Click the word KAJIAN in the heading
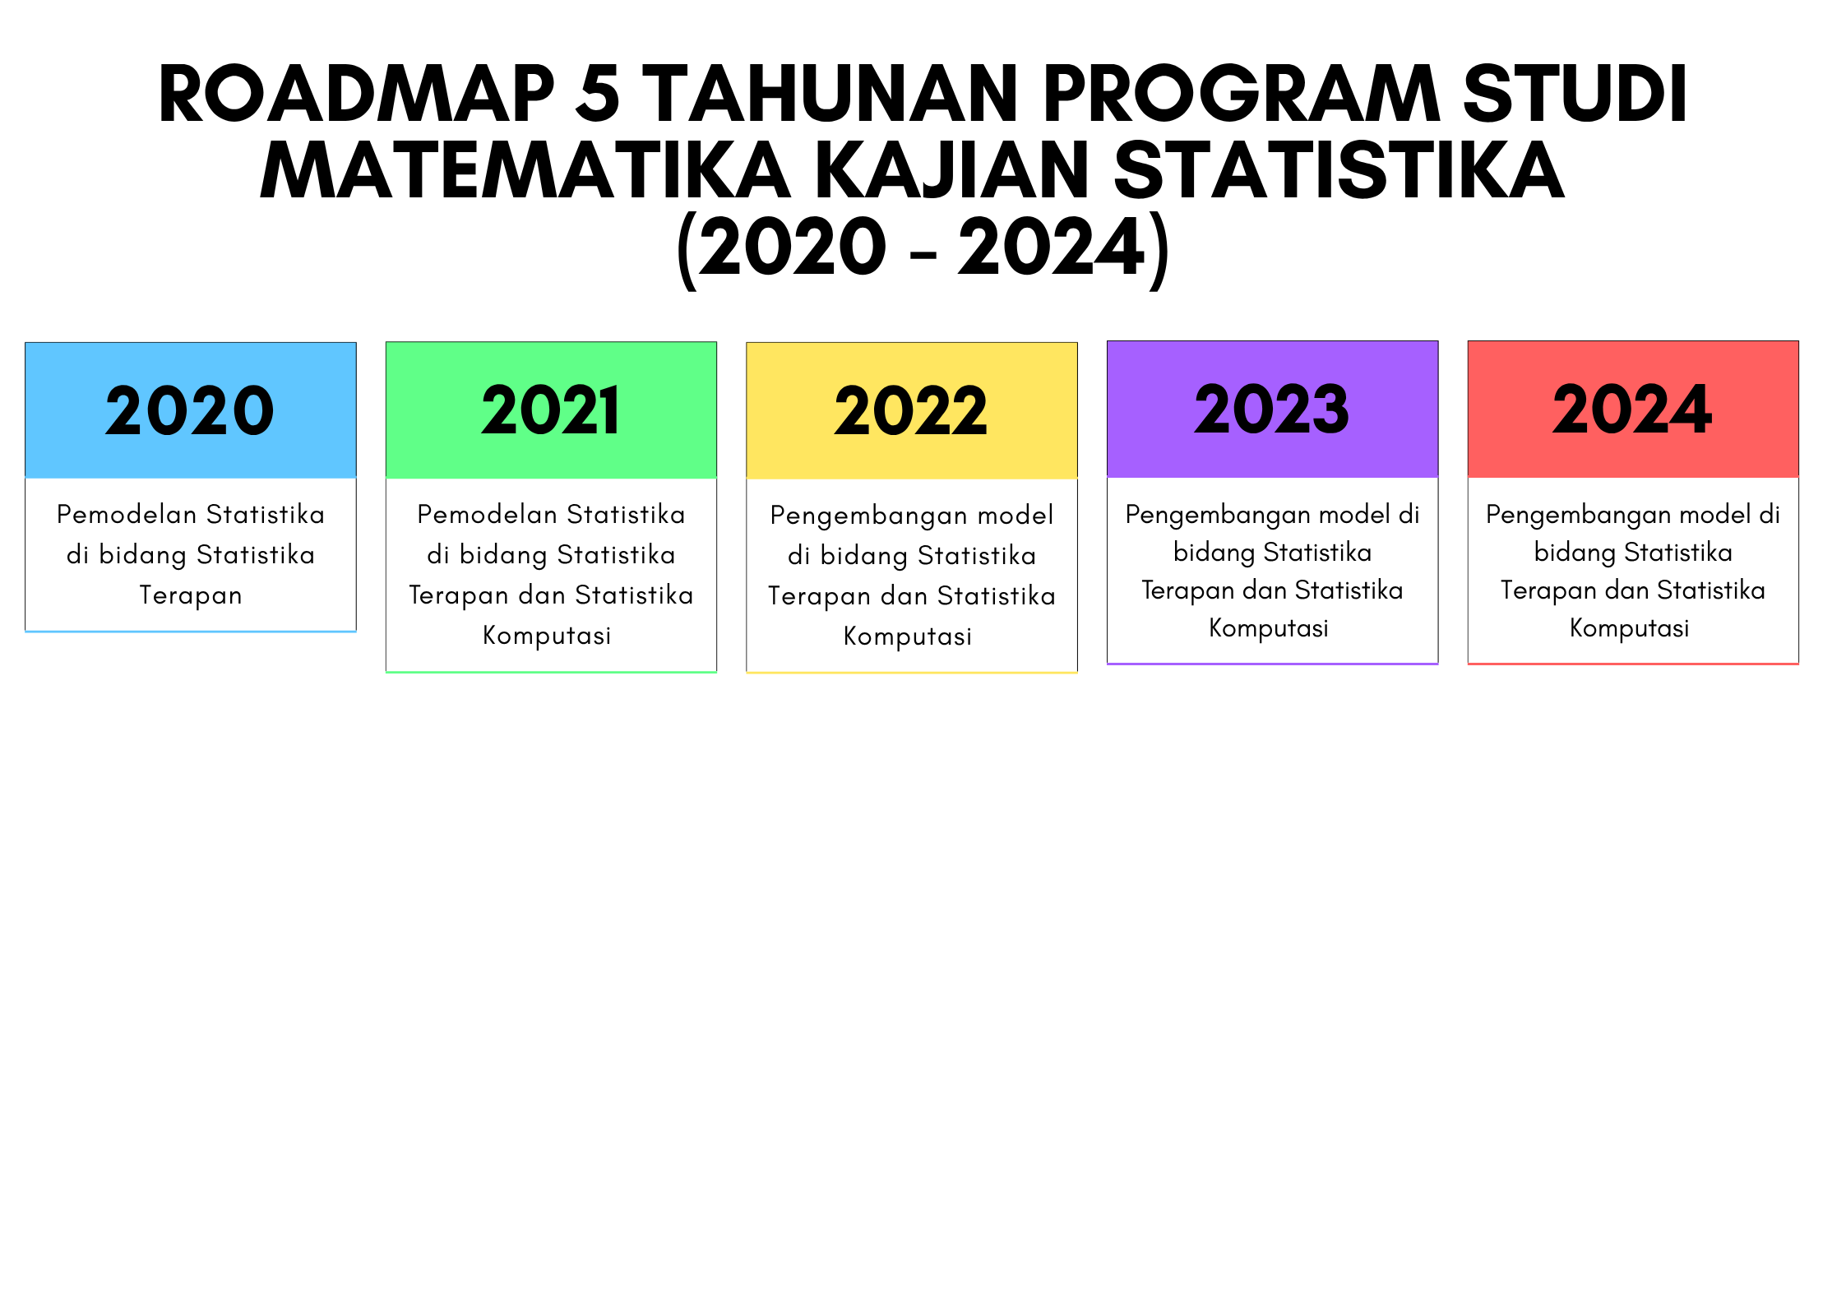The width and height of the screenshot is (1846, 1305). click(952, 170)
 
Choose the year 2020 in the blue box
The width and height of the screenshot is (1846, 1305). click(190, 410)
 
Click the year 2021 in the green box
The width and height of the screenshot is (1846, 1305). click(550, 410)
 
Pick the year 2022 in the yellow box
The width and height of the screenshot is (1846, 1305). click(911, 410)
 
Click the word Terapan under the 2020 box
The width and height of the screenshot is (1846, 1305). click(191, 595)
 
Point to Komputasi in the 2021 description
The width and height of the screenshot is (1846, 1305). click(547, 636)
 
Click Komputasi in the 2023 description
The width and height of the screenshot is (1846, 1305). click(1269, 628)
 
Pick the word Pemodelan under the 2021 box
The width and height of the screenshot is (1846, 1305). click(488, 515)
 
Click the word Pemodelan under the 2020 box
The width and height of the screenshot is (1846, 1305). click(127, 515)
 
